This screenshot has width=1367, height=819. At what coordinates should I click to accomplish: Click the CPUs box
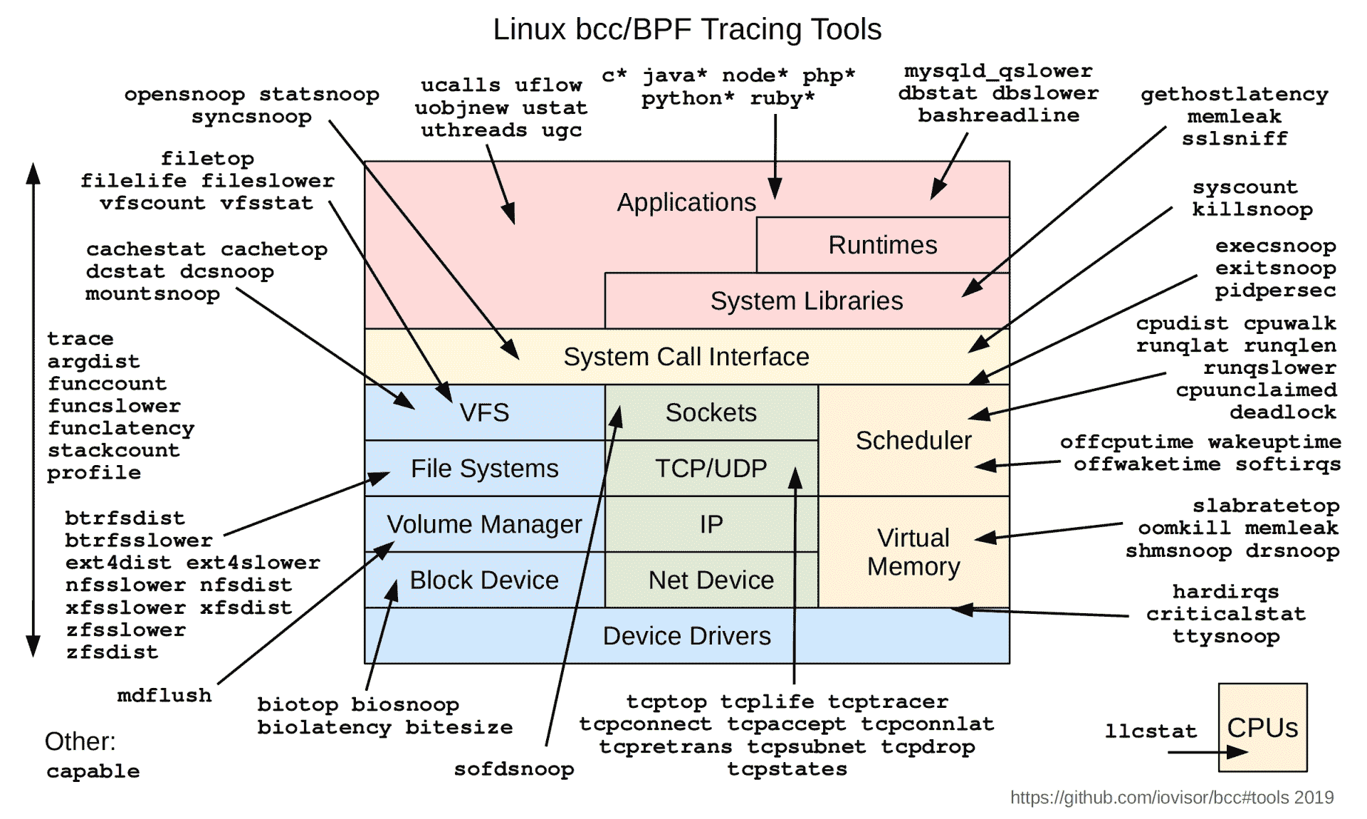coord(1262,727)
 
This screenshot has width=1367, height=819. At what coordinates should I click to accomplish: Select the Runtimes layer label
coord(882,245)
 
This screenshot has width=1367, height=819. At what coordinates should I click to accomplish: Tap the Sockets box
coord(711,412)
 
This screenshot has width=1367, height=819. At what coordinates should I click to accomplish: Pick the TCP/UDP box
coord(711,469)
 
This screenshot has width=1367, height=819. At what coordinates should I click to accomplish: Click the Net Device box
coord(711,580)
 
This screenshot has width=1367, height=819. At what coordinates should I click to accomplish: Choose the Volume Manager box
coord(484,524)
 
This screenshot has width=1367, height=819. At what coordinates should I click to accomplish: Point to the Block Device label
coord(484,580)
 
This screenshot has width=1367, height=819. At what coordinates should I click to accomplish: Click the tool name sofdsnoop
coord(514,769)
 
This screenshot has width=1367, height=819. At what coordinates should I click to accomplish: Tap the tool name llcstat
coord(1151,731)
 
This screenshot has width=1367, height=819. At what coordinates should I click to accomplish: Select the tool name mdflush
coord(164,695)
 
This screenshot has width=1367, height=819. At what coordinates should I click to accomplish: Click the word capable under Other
coord(93,771)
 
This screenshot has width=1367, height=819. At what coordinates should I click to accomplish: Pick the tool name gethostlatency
coord(1234,94)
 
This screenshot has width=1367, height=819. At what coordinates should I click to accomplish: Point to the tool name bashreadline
coord(998,115)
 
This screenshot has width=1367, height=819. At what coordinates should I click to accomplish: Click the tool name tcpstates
coord(787,769)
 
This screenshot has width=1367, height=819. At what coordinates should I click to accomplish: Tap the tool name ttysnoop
coord(1226,636)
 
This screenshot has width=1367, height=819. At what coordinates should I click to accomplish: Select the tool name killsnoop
coord(1252,209)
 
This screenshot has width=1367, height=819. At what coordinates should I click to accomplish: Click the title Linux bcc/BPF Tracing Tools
coord(687,30)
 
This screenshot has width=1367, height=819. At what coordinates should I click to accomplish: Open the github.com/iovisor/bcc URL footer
coord(1171,798)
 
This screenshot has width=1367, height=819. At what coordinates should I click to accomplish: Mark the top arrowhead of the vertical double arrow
coord(33,172)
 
